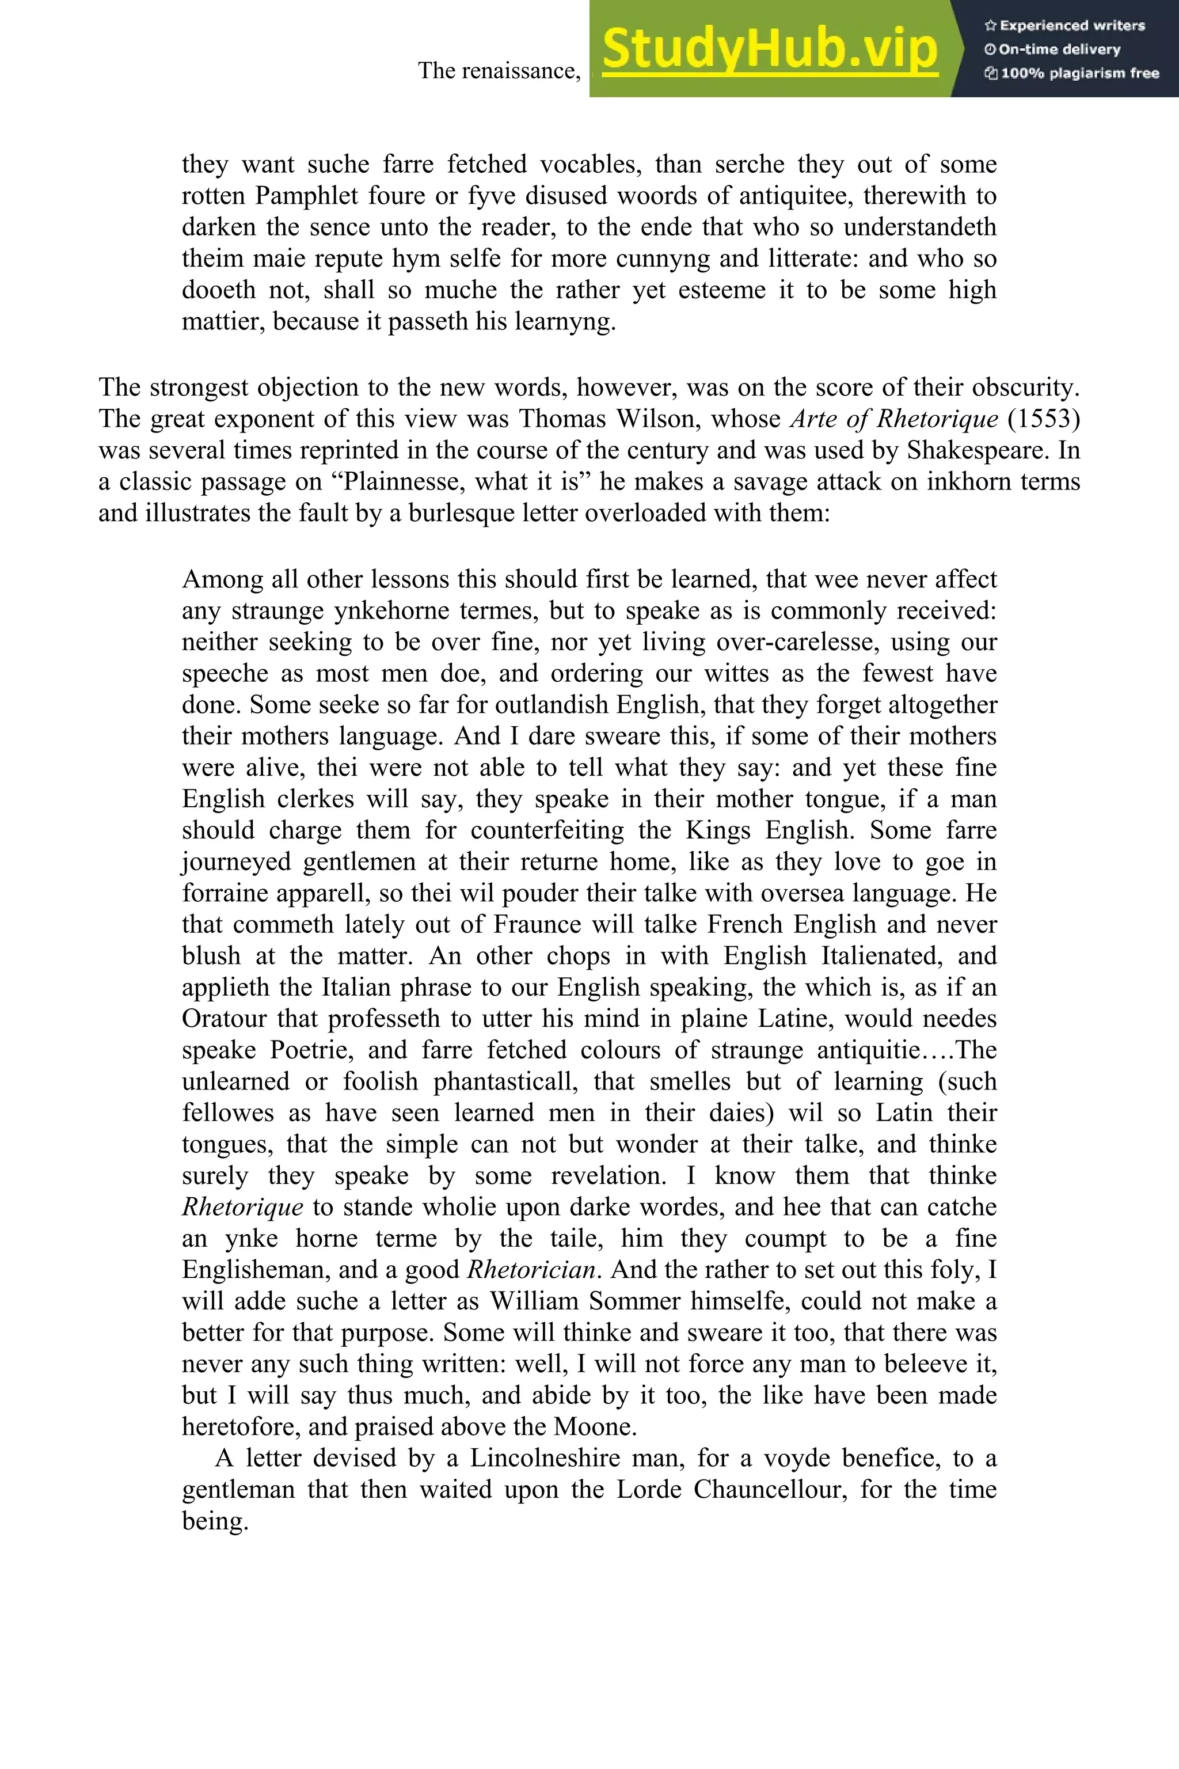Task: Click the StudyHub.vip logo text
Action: (x=769, y=49)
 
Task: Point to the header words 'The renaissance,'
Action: (x=499, y=71)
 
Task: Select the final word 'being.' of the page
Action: (x=215, y=1521)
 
